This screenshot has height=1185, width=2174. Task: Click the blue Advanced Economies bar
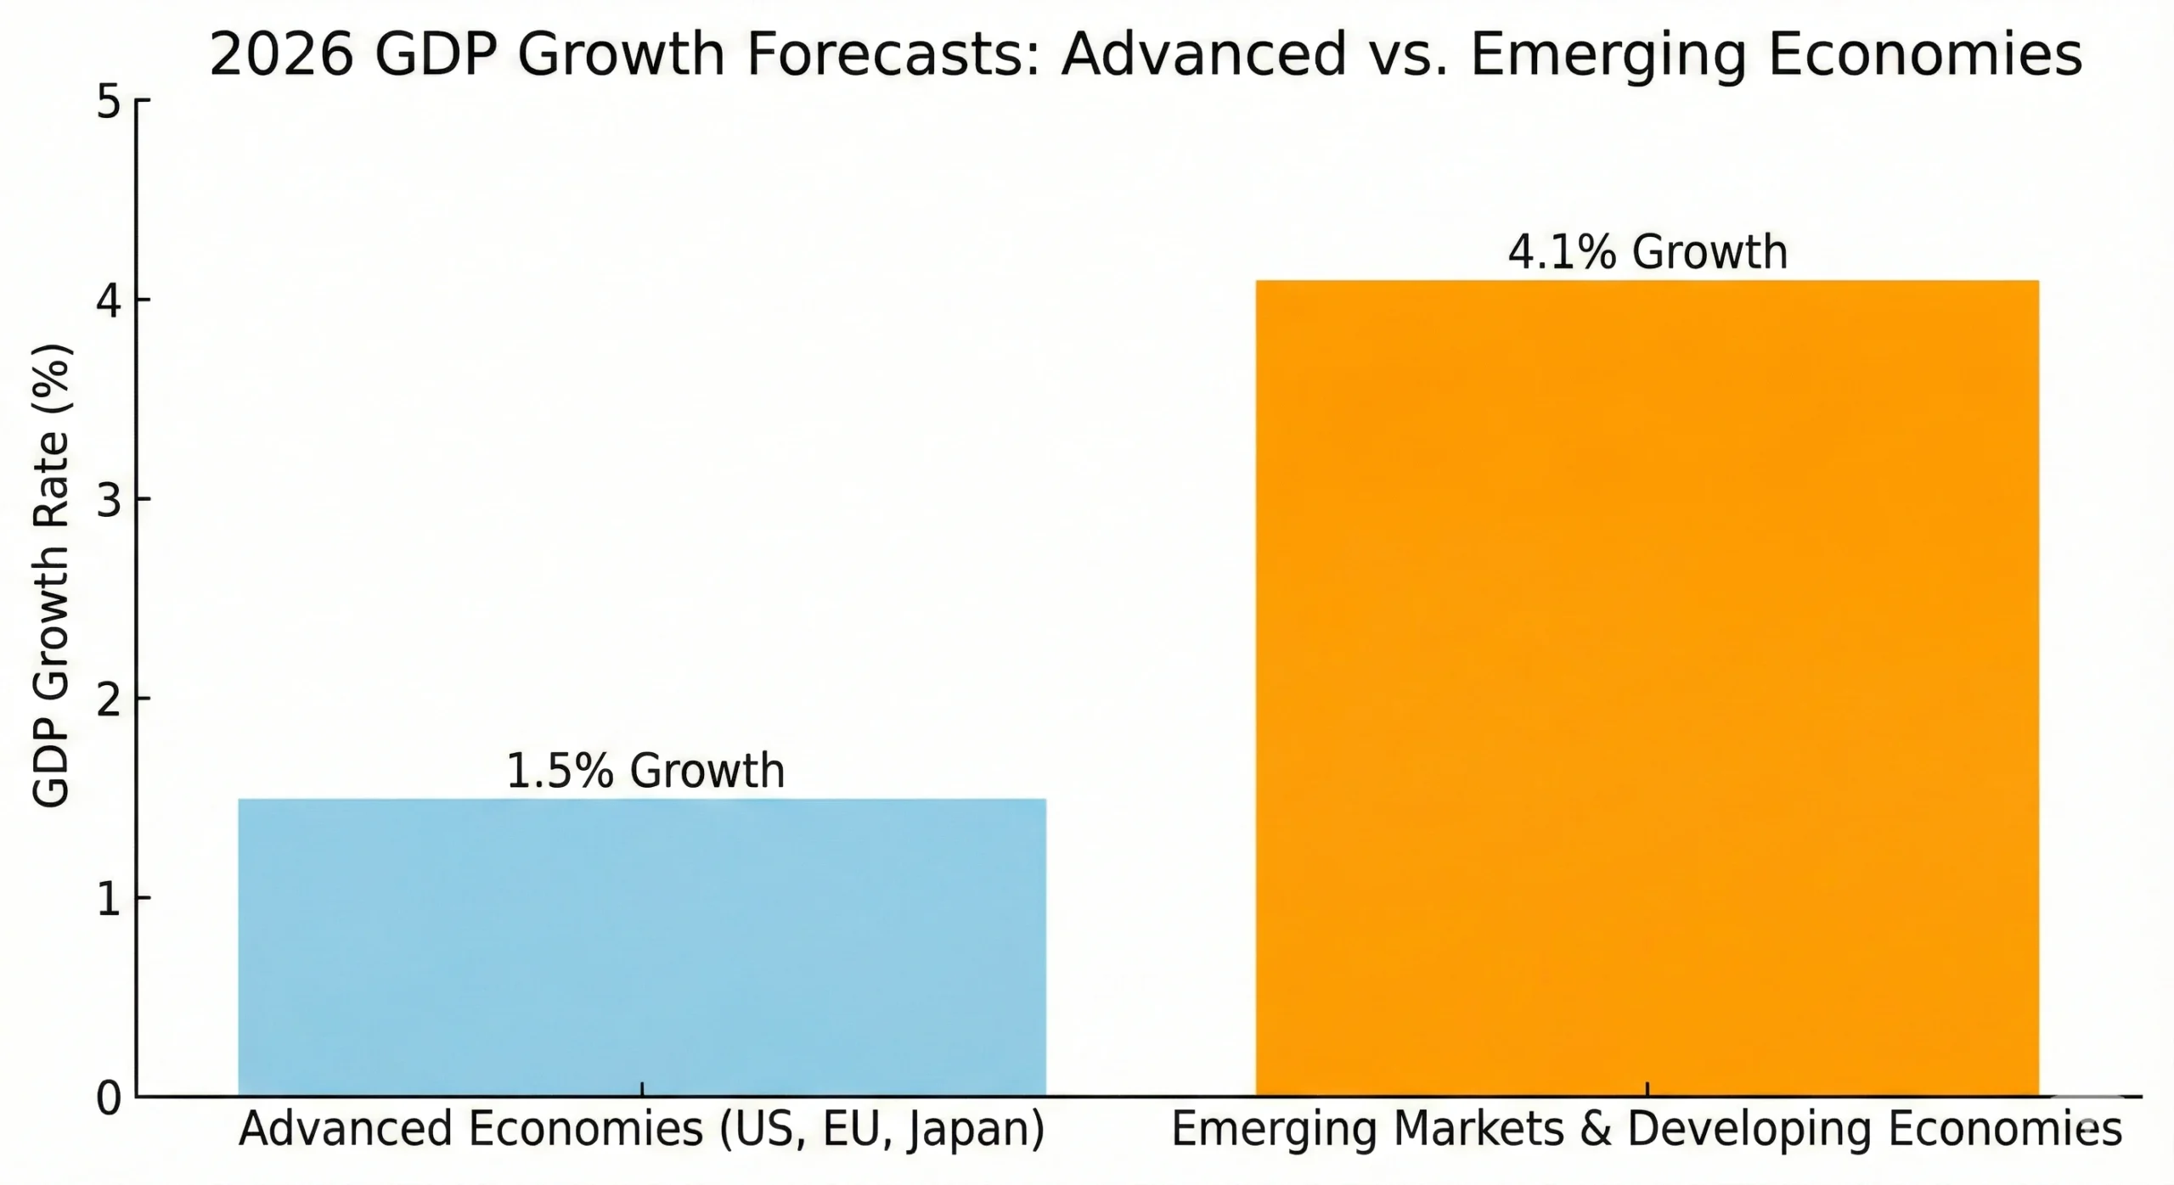tap(642, 946)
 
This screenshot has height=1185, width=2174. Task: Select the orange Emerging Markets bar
tap(1647, 688)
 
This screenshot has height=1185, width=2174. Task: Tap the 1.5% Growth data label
tap(645, 771)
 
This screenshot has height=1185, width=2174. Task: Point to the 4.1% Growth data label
tap(1647, 252)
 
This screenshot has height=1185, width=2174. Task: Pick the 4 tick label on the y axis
tap(109, 300)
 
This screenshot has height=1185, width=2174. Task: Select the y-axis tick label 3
tap(109, 500)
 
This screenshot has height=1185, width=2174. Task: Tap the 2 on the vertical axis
tap(109, 699)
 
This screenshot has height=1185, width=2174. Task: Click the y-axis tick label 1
tap(109, 899)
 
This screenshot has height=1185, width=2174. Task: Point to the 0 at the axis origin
tap(109, 1098)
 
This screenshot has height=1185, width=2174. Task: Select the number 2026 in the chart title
tap(281, 56)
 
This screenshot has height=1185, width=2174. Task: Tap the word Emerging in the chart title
tap(1608, 56)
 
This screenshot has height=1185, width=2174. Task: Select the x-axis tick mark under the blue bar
tap(642, 1089)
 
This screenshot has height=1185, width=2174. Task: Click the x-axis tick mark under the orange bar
tap(1647, 1089)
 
